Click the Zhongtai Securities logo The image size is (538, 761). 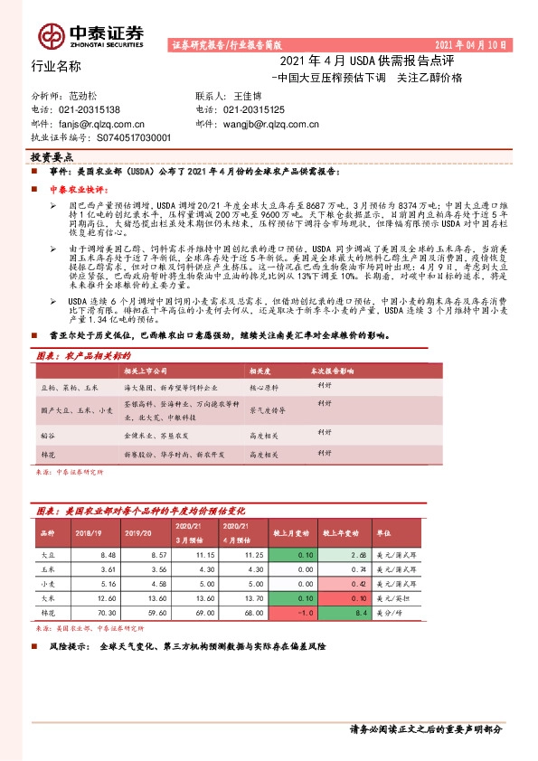[x=91, y=35]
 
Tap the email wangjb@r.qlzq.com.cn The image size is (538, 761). [x=272, y=124]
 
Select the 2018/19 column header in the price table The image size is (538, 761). [x=89, y=534]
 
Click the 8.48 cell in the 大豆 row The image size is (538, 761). [x=109, y=554]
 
